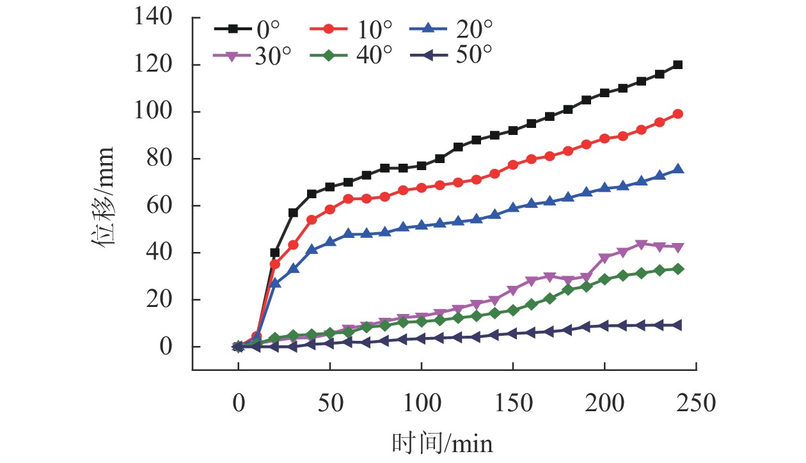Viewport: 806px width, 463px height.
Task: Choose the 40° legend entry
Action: coord(351,56)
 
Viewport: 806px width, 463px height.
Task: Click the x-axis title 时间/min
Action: coord(443,443)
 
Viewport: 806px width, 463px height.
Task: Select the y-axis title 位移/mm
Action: coord(102,196)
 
